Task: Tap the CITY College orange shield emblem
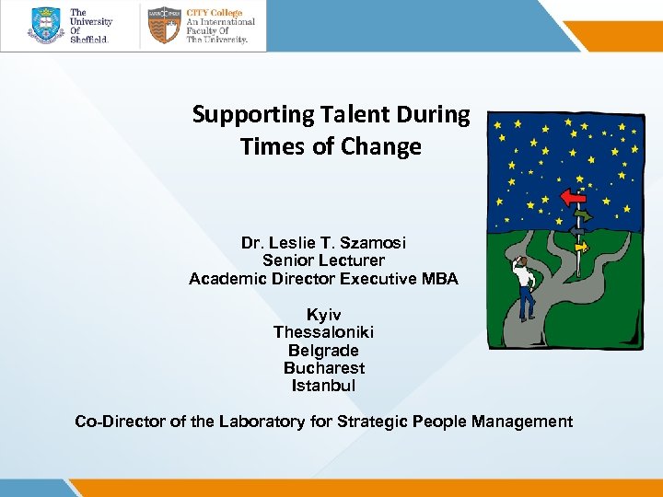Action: [163, 26]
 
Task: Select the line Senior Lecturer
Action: [323, 260]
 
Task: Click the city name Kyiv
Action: [323, 315]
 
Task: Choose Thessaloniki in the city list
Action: [323, 332]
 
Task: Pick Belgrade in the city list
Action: [323, 351]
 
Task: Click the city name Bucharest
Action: [323, 368]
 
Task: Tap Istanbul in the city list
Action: [323, 386]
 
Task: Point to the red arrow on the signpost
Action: [574, 197]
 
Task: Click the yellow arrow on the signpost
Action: [581, 247]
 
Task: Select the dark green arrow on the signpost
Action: [581, 215]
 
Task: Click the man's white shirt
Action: [525, 273]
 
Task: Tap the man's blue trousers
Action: [527, 301]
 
